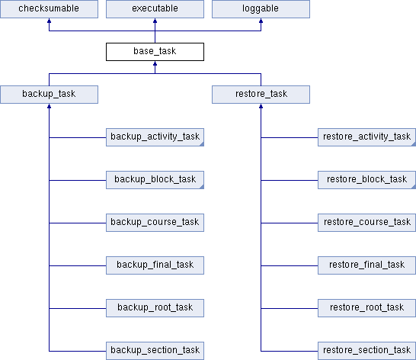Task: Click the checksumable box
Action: point(49,8)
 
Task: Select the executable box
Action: point(155,8)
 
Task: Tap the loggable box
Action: point(261,8)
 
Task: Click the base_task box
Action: point(155,52)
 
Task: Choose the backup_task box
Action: point(49,95)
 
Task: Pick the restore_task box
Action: point(261,95)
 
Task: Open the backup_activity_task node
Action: point(155,137)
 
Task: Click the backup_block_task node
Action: point(155,180)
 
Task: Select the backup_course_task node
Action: point(155,223)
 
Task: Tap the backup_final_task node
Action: point(155,265)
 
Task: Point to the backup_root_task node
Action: point(155,308)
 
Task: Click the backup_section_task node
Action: point(155,351)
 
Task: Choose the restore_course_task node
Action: point(367,223)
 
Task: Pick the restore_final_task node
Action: point(367,265)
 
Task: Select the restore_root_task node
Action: point(367,308)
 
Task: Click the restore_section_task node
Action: point(367,351)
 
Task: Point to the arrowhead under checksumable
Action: point(49,21)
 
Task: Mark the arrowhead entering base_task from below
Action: point(155,63)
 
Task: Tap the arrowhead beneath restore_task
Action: point(261,106)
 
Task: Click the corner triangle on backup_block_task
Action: point(202,187)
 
